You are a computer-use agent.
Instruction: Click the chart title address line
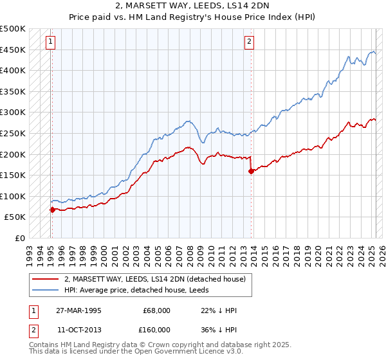click(x=193, y=7)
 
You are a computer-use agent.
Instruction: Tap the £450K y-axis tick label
click(x=13, y=50)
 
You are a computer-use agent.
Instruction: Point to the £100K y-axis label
click(x=13, y=196)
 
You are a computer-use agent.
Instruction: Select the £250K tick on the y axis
click(x=13, y=133)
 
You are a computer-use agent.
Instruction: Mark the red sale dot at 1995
click(x=52, y=210)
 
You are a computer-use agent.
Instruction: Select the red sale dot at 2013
click(x=251, y=171)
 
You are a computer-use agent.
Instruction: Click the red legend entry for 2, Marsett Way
click(x=155, y=279)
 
